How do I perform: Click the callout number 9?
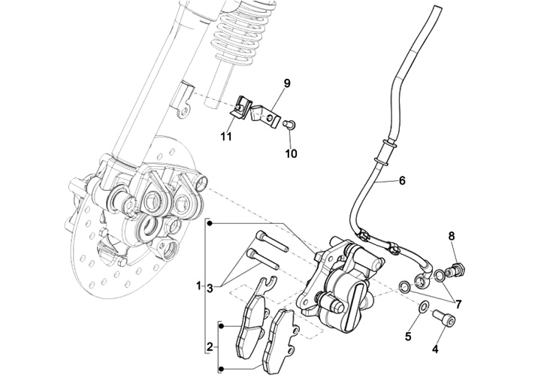click(287, 82)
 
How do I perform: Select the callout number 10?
click(291, 153)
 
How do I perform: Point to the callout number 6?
click(401, 181)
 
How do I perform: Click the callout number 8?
click(452, 237)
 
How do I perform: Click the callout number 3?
click(211, 287)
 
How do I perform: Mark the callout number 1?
click(199, 286)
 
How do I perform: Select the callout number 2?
click(210, 346)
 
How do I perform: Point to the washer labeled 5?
click(423, 307)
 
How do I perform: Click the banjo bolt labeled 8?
click(458, 267)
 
